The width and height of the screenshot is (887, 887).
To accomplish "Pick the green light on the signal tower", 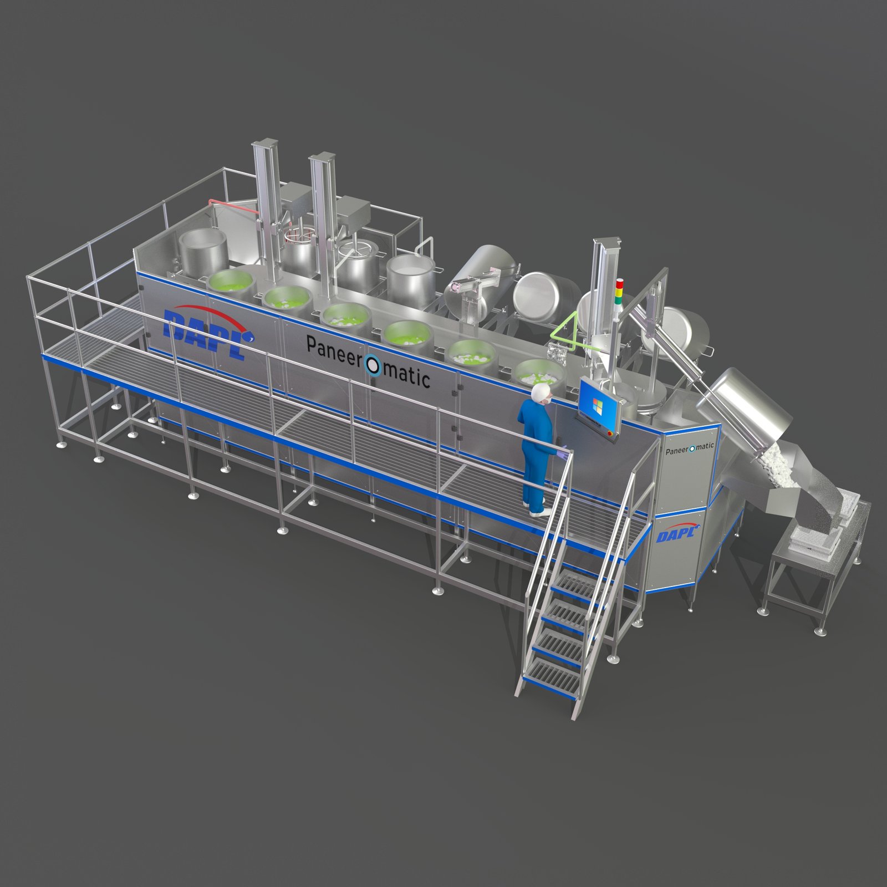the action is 620,299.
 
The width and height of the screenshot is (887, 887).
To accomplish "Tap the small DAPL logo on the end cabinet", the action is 676,533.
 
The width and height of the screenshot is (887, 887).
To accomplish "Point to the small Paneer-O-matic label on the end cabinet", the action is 689,448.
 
